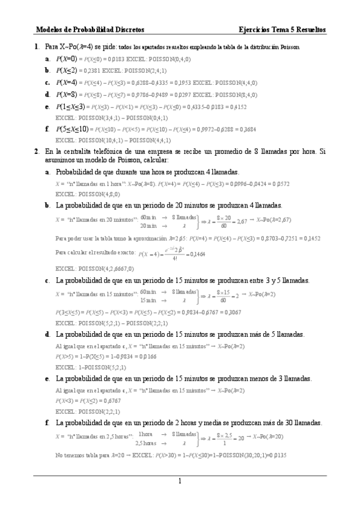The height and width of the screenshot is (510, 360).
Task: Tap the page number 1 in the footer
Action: [179, 481]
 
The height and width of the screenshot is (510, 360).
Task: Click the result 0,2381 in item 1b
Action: [88, 70]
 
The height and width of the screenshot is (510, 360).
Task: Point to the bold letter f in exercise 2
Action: [47, 423]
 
